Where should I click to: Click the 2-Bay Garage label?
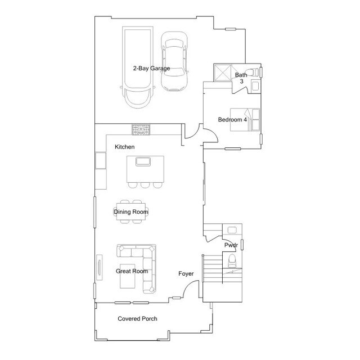(151, 69)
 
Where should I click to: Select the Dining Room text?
(130, 212)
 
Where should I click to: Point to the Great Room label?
(132, 271)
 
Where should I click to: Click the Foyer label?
(186, 274)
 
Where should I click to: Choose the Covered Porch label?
(137, 319)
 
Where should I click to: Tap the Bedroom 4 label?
(232, 119)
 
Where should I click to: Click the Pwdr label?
(231, 245)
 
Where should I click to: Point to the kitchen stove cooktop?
(141, 130)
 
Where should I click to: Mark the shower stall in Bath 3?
(222, 73)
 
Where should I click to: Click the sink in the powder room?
(232, 229)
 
